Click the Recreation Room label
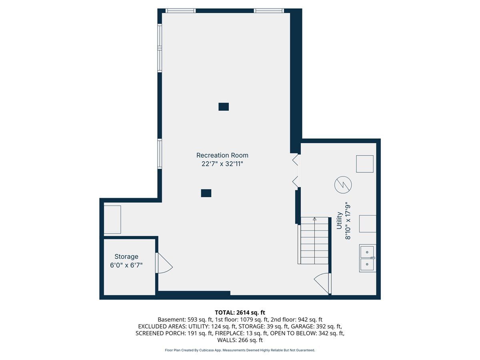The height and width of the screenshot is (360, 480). click(x=222, y=155)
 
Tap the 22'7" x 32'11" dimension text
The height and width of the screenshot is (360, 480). click(x=222, y=164)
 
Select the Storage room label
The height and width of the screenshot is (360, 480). click(x=126, y=256)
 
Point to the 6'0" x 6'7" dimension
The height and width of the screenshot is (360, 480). click(x=126, y=265)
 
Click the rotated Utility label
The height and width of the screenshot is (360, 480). click(x=339, y=220)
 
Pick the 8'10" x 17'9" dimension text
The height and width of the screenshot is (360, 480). click(x=348, y=220)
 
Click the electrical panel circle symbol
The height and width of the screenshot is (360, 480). click(x=343, y=185)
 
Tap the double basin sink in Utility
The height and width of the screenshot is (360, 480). click(x=367, y=258)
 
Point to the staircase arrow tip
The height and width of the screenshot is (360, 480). click(x=314, y=218)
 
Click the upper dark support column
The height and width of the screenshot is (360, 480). click(x=224, y=107)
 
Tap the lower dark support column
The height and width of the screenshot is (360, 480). click(x=206, y=193)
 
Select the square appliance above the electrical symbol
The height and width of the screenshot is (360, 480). click(x=364, y=164)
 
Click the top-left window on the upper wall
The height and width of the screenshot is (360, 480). click(x=180, y=11)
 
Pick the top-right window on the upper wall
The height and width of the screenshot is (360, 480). click(x=269, y=11)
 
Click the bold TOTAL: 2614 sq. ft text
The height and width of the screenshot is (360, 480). click(x=240, y=312)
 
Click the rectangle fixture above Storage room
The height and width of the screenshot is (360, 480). click(x=112, y=220)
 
